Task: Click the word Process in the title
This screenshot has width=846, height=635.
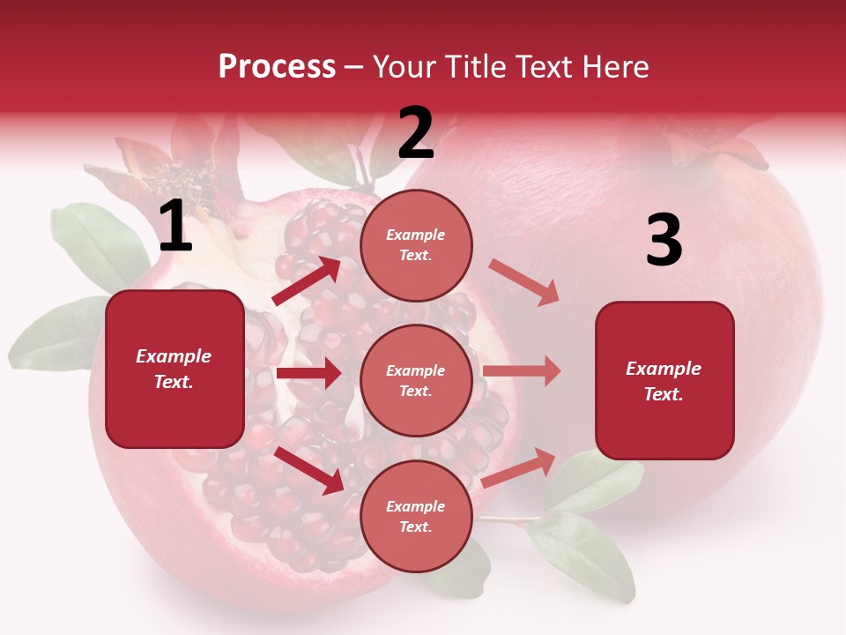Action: pos(277,66)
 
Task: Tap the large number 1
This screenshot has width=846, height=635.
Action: pos(174,227)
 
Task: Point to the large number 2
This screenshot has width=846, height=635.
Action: pos(416,133)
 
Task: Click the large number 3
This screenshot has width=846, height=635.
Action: pos(664,240)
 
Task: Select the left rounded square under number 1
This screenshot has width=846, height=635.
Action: pos(174,369)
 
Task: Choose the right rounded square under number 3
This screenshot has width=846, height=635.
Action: pos(664,381)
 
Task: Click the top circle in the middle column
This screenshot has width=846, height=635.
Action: pos(416,244)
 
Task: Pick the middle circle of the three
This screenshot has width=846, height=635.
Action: pos(416,380)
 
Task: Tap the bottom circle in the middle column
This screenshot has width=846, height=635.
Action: pos(416,516)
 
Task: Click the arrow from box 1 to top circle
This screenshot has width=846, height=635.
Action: pos(307,280)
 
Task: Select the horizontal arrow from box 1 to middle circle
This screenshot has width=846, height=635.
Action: pos(308,373)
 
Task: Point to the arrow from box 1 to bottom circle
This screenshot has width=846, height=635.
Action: pos(309,469)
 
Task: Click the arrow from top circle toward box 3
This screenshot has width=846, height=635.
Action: pos(523,282)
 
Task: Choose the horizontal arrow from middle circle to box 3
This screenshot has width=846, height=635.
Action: pos(521,370)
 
